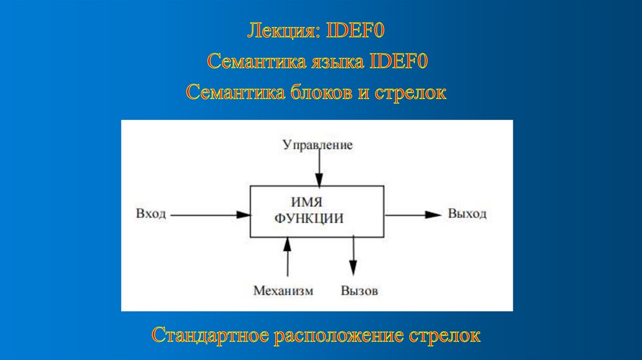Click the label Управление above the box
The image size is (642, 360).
[317, 146]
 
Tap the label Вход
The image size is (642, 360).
[150, 214]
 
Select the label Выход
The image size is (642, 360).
[467, 214]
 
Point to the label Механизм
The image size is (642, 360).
[283, 291]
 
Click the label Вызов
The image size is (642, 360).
[360, 291]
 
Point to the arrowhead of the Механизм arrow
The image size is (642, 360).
[288, 243]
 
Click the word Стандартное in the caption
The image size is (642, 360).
[210, 334]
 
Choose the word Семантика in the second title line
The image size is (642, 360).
[254, 62]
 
